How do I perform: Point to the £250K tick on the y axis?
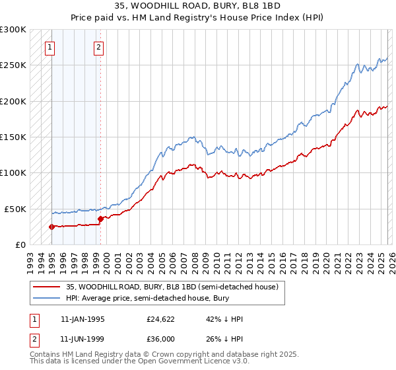[x=13, y=65]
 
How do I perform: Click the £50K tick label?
[x=15, y=209]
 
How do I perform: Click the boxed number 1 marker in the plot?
[x=51, y=47]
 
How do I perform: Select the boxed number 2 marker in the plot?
[x=98, y=47]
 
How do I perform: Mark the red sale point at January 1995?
[x=51, y=227]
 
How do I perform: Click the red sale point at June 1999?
[x=100, y=219]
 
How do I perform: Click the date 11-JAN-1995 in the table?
[x=82, y=319]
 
